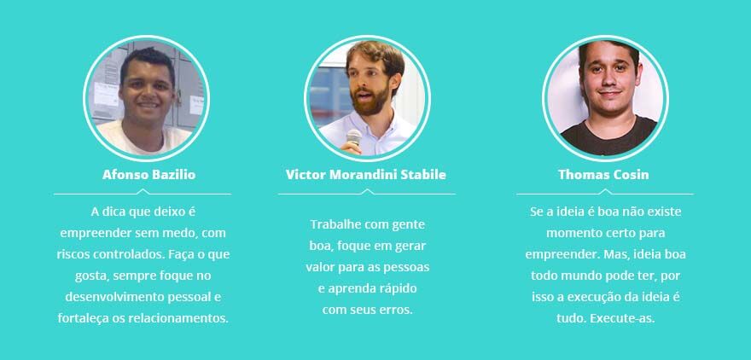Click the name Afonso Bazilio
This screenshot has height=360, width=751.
(x=149, y=175)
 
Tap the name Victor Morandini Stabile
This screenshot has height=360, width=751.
(x=366, y=175)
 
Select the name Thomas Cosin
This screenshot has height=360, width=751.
(x=603, y=175)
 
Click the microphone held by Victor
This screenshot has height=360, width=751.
(x=354, y=137)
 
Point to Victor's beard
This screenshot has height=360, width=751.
(x=369, y=101)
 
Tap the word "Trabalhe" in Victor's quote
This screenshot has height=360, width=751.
(x=335, y=224)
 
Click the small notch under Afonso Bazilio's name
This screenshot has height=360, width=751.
(x=143, y=191)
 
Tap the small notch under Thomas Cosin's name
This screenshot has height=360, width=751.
(x=605, y=191)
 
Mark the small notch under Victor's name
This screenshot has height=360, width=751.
(x=367, y=191)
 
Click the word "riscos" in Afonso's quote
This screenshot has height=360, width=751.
(x=73, y=254)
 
